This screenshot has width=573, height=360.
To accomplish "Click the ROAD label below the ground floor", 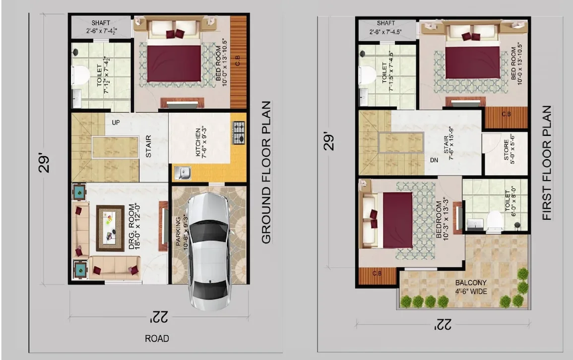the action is tap(157, 339).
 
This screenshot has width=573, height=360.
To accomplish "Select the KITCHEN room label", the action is tap(198, 142).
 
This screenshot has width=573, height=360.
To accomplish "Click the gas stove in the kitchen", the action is tap(239, 133).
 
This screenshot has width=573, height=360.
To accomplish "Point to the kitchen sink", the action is tap(183, 173).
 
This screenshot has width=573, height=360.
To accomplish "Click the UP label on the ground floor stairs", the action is tap(116, 122).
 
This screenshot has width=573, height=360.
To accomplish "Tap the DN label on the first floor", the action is tap(434, 160).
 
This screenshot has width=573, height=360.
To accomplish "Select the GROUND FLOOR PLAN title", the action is tap(266, 173).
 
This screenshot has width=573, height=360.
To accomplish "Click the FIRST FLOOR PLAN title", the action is tap(547, 163).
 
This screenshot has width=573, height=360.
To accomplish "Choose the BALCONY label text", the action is tap(471, 283).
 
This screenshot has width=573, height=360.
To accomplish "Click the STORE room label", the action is tap(506, 149).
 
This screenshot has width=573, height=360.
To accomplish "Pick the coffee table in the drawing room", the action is tap(110, 228).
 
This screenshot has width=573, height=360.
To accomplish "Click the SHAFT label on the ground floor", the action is tap(101, 23).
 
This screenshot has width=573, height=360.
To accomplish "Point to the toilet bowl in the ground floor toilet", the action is tap(80, 75).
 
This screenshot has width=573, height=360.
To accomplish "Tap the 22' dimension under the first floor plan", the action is tap(443, 324).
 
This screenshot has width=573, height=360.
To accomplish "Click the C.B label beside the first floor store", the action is tap(506, 114).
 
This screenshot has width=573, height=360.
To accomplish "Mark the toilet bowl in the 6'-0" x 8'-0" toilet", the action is tap(494, 221).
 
